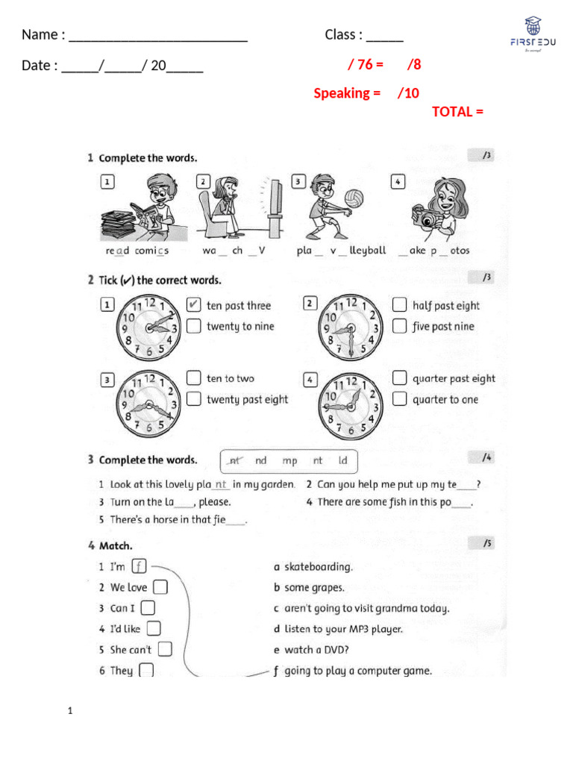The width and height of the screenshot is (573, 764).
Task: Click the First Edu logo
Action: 532,36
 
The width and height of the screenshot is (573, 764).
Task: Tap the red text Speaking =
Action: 347,93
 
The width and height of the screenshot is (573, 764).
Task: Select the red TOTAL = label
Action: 457,112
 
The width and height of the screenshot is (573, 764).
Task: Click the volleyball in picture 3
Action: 354,198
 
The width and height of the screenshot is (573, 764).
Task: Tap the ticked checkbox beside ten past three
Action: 193,305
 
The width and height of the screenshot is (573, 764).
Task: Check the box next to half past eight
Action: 399,305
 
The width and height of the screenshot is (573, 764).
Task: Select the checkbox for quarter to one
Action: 399,399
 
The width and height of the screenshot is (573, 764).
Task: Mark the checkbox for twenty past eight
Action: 193,399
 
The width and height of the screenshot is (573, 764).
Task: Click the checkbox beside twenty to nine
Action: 193,326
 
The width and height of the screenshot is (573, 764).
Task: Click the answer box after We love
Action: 160,587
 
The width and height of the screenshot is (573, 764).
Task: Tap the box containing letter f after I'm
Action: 138,566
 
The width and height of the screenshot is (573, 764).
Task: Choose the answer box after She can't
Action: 165,649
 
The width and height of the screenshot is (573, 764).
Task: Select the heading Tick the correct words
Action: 160,281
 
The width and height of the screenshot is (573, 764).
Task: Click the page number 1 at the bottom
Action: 69,712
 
